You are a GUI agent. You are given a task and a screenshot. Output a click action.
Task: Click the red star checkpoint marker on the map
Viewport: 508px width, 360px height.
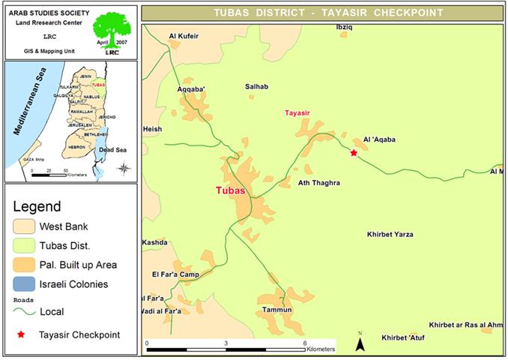click(354, 153)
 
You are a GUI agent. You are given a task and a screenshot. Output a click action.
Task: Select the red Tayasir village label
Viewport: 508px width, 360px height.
click(297, 113)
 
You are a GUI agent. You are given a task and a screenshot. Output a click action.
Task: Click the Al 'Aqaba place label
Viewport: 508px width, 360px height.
click(378, 139)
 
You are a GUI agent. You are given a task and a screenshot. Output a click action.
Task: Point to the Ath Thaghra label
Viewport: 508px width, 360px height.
click(319, 183)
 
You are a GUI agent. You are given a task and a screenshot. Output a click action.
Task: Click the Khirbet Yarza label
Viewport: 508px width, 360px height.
click(390, 235)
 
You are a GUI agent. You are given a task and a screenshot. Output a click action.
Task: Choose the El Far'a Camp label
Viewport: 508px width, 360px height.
click(174, 274)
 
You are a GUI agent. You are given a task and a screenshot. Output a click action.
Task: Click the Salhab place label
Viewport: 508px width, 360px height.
click(256, 87)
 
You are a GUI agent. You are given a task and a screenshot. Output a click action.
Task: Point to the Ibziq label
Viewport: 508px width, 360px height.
click(343, 26)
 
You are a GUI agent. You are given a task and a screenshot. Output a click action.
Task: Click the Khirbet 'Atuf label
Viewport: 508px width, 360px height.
click(403, 337)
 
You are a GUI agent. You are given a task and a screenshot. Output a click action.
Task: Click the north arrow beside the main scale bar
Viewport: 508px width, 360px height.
click(360, 343)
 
